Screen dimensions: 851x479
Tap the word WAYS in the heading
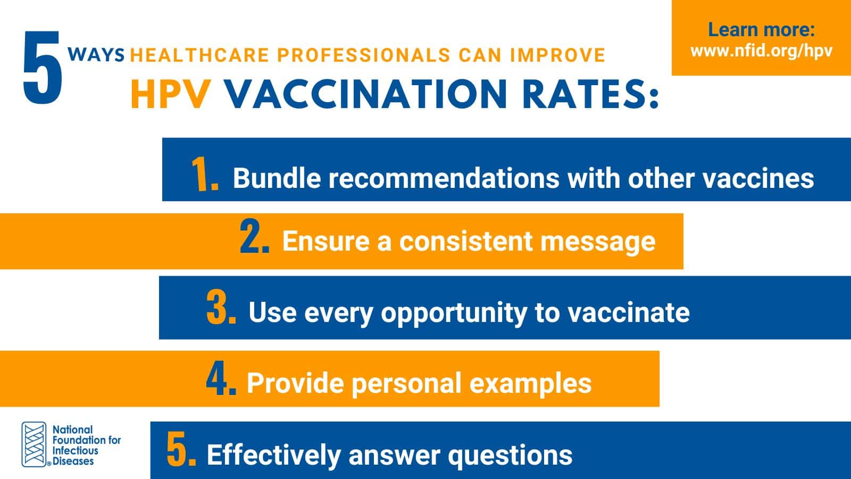[x=96, y=55]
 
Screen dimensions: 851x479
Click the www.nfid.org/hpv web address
[x=761, y=51]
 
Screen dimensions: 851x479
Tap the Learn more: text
[x=761, y=30]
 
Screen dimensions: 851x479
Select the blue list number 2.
[x=255, y=237]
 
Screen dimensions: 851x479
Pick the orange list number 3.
[x=221, y=308]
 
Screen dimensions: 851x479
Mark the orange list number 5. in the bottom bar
[x=181, y=449]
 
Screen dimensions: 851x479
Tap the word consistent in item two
[x=466, y=241]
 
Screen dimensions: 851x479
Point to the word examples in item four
[x=531, y=384]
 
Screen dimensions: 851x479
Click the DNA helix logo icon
[x=34, y=444]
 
